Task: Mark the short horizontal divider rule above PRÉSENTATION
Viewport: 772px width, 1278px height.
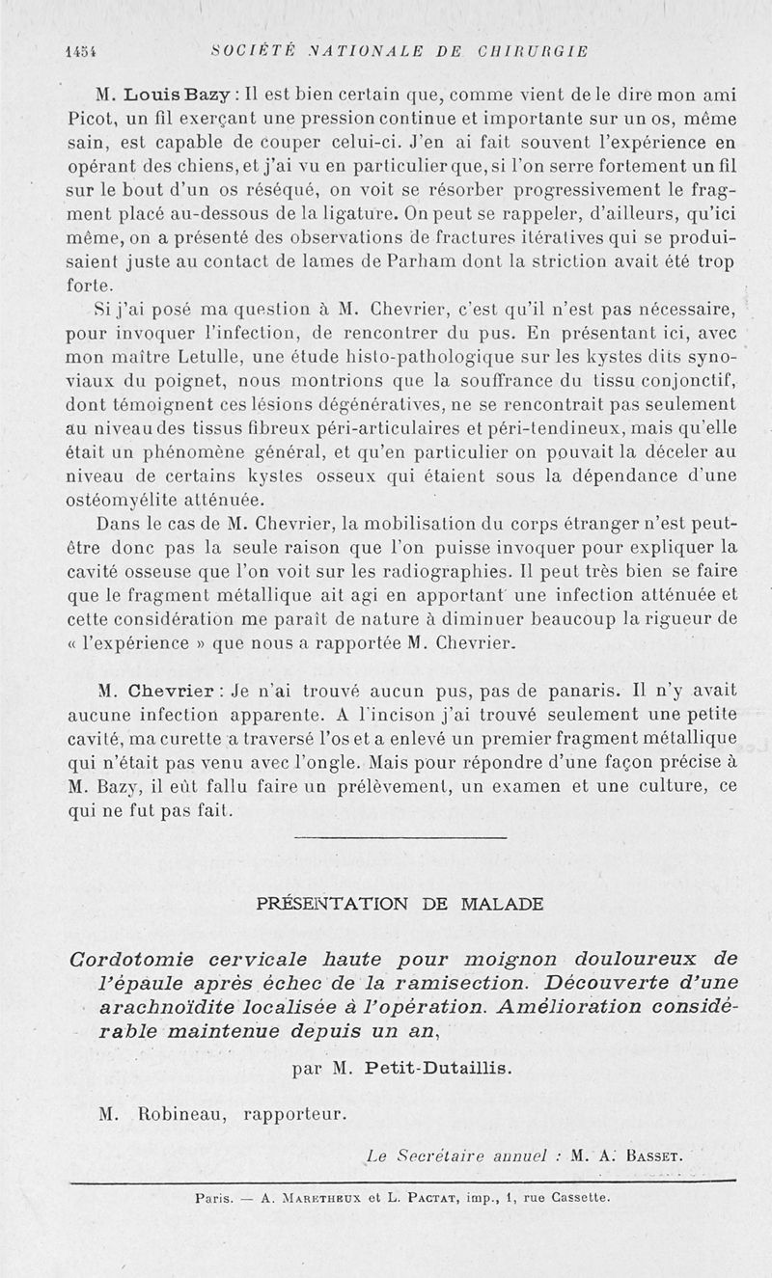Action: coord(399,837)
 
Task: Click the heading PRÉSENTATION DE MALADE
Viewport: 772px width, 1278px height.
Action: coord(400,904)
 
